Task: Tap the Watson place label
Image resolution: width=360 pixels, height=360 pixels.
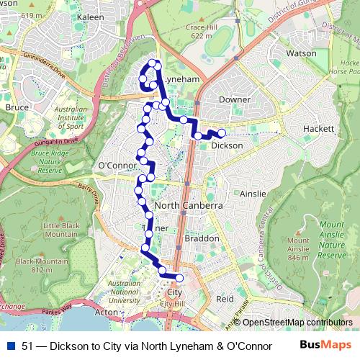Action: coord(301,53)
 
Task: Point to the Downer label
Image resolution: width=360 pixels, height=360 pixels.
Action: coord(235,99)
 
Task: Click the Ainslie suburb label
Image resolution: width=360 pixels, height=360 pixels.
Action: coord(253,194)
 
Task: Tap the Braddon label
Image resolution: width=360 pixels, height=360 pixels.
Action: coord(202,238)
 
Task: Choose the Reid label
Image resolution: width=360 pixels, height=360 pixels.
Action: coord(225,298)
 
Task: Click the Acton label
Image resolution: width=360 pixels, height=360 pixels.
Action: coord(106,312)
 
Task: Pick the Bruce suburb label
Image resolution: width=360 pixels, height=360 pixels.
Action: coord(17,107)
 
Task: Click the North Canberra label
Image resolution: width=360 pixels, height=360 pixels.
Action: coord(187,206)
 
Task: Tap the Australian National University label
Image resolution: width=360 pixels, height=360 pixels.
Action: coord(124,292)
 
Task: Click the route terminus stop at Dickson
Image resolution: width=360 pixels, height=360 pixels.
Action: coord(222,133)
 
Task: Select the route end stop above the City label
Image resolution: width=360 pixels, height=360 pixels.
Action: coord(179,278)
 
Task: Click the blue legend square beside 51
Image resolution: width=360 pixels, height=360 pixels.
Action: coord(12,345)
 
